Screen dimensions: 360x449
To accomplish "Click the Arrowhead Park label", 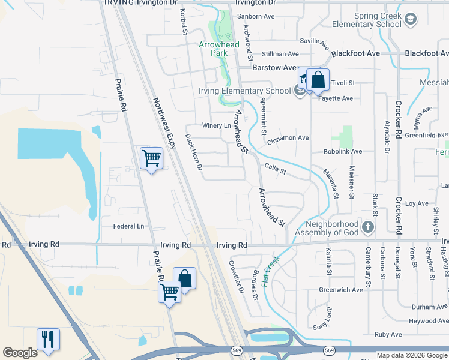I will click(219, 49).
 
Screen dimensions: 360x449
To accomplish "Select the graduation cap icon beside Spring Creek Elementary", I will click(411, 19).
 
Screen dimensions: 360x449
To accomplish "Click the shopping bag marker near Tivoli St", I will click(318, 80).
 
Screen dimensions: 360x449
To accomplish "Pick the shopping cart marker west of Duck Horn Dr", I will click(151, 158).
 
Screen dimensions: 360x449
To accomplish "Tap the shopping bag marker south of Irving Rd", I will click(185, 278).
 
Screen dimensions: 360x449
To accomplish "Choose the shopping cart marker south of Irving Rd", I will click(170, 292).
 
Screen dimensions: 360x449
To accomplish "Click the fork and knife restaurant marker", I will click(48, 339).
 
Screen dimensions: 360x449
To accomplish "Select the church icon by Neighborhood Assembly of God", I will click(369, 227).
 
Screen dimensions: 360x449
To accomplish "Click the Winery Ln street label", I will click(216, 125).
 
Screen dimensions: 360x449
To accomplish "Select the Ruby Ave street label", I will click(387, 335).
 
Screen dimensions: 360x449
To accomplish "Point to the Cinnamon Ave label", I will click(288, 138).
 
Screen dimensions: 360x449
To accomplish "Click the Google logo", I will click(20, 353).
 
